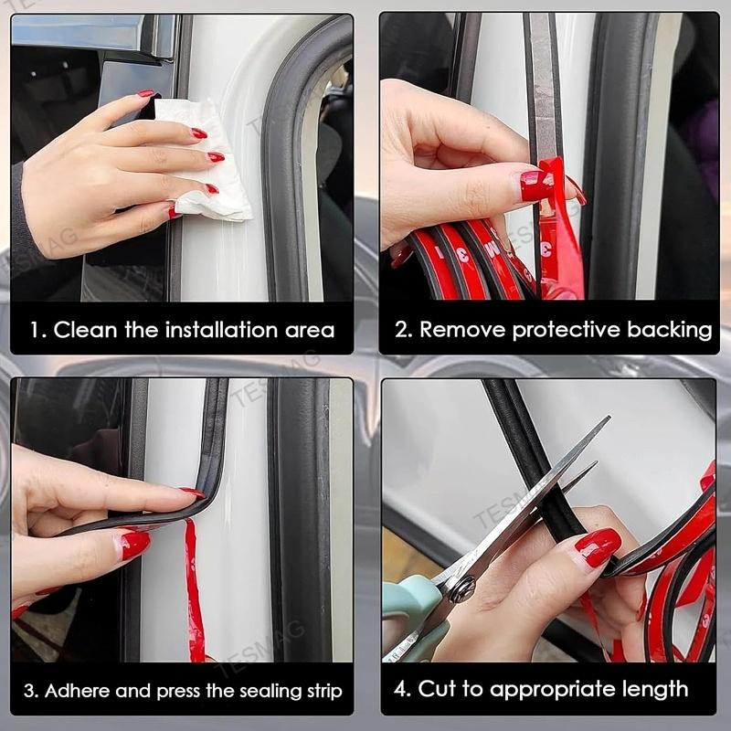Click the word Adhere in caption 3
[76, 690]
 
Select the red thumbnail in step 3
[133, 545]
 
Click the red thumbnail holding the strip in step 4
[599, 548]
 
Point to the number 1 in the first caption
[35, 330]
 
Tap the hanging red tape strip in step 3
[194, 594]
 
